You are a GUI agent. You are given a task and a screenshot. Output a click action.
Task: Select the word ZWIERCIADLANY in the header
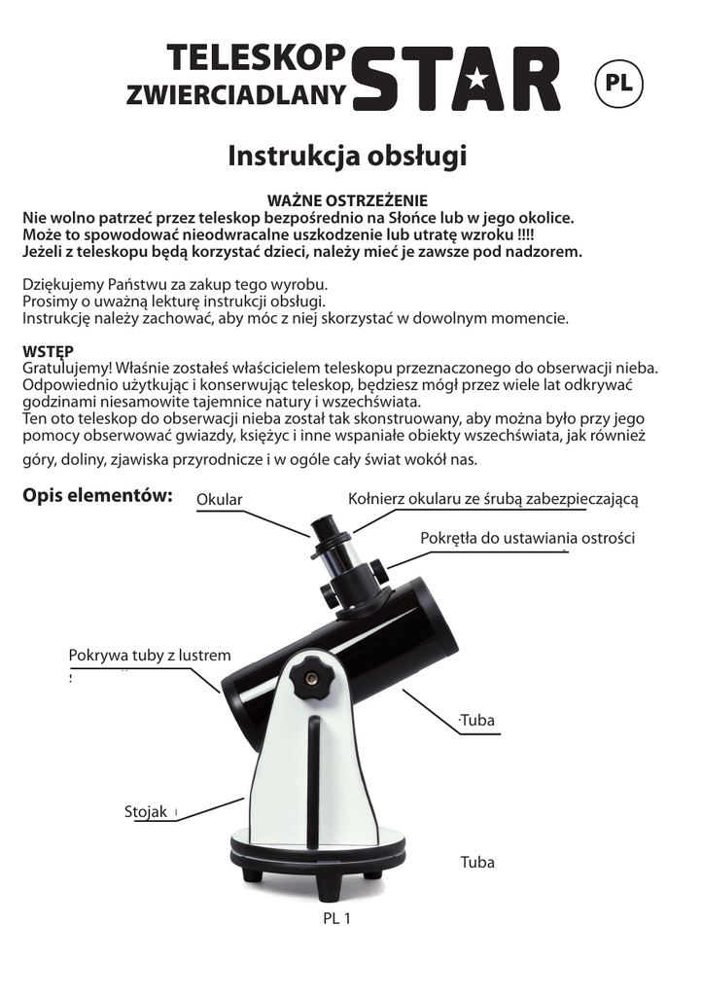tap(236, 94)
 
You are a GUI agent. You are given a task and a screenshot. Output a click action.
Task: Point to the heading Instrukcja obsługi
tap(348, 156)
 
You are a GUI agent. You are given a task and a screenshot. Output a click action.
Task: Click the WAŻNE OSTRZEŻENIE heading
tap(347, 200)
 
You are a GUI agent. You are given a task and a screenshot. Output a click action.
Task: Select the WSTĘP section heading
tap(48, 351)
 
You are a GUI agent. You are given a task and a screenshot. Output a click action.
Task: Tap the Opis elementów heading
tap(97, 496)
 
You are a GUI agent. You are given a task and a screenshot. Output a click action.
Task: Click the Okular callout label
tap(219, 500)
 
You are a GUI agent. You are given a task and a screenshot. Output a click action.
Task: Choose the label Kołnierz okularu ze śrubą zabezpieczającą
tap(493, 499)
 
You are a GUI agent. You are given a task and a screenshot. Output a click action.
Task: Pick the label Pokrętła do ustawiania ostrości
tap(528, 538)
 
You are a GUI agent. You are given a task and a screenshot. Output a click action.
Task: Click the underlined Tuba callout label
tap(477, 721)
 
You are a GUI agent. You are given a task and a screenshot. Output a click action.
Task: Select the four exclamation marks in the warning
tap(524, 234)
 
